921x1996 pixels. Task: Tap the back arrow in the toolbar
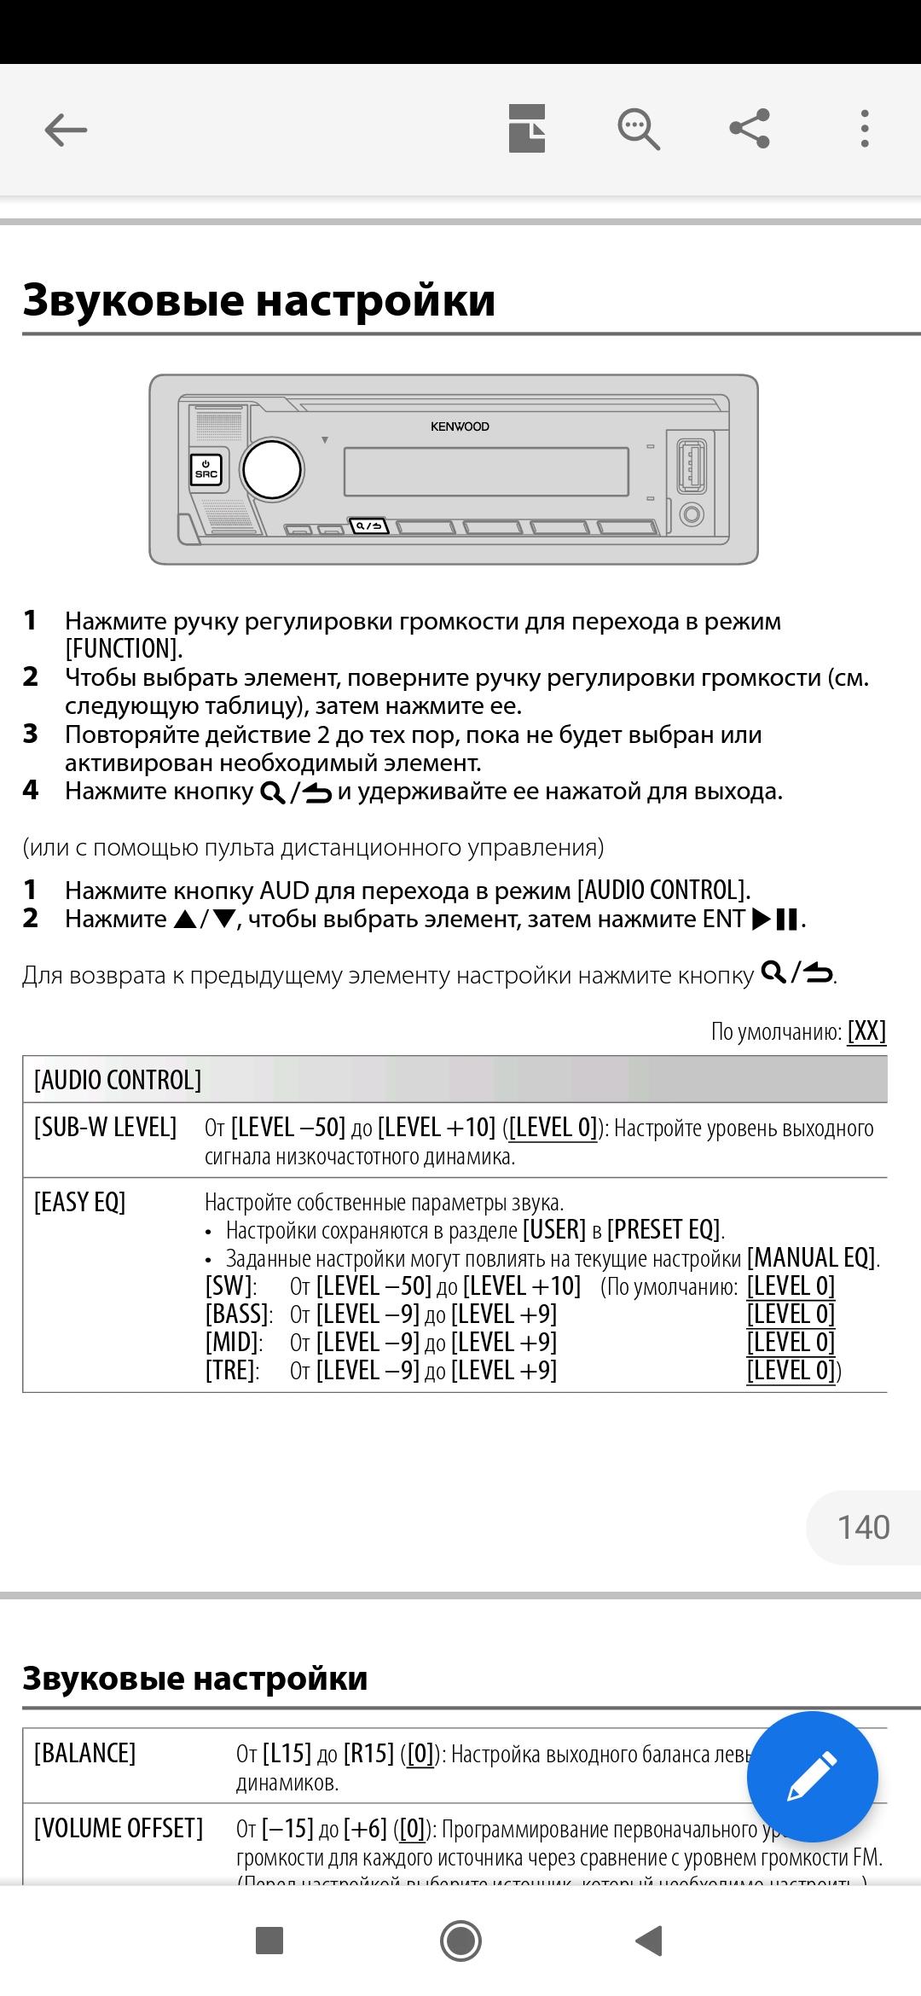point(66,131)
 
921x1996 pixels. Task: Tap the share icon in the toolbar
point(750,130)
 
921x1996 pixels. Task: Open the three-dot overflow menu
point(865,130)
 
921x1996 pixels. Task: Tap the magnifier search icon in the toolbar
point(639,130)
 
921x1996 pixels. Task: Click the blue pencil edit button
point(812,1777)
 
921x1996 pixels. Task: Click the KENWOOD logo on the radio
point(460,426)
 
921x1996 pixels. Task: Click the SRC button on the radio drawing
point(206,470)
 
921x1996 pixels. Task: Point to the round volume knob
point(272,470)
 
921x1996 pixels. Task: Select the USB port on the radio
point(692,465)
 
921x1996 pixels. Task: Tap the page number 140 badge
point(863,1527)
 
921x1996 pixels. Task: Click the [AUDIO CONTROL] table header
point(118,1080)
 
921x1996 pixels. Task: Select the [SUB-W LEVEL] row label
point(106,1128)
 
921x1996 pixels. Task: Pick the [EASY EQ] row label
point(80,1203)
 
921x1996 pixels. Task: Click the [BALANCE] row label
point(85,1754)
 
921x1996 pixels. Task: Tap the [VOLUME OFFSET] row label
point(119,1829)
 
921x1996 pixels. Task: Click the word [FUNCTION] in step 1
point(124,649)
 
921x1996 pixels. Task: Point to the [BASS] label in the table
point(238,1314)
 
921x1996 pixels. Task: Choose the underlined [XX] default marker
point(866,1031)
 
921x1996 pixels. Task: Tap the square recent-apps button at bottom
point(269,1941)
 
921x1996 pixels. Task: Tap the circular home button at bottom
point(461,1941)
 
